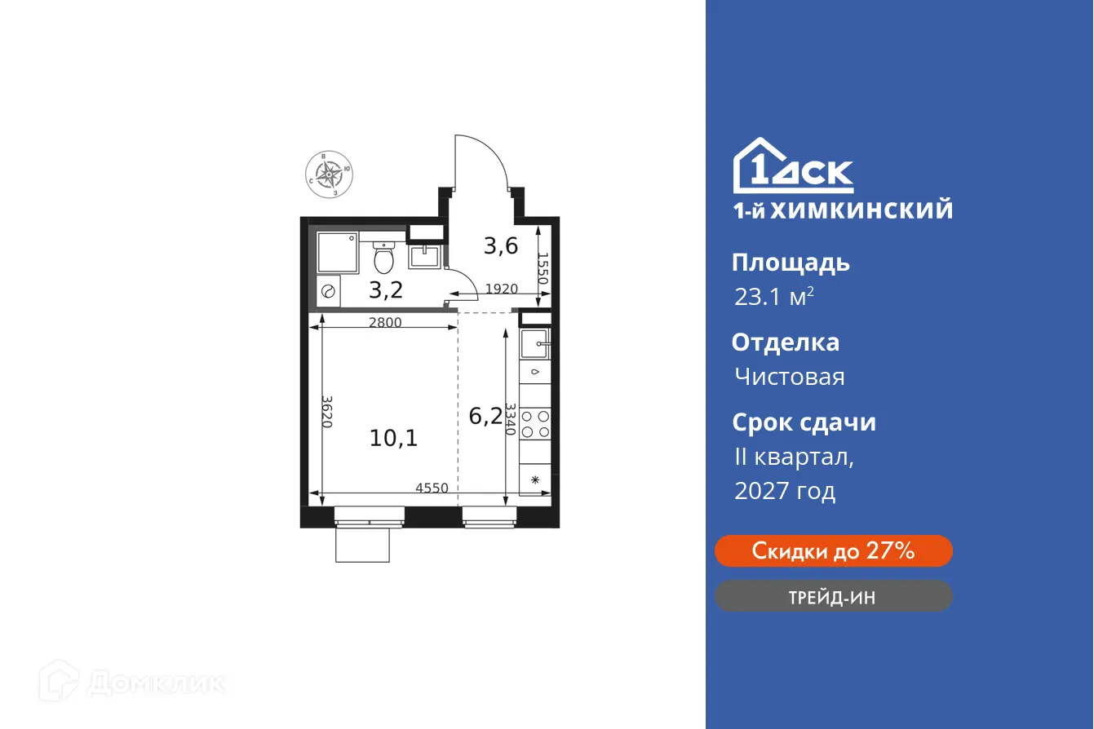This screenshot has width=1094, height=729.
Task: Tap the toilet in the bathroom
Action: tap(383, 258)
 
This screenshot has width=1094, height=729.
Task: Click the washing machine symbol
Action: tap(330, 291)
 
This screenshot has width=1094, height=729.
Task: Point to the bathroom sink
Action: tap(424, 256)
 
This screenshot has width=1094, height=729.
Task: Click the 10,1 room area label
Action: tap(393, 439)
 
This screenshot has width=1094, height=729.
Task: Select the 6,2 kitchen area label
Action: tap(485, 417)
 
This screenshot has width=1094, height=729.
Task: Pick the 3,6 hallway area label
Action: tap(500, 245)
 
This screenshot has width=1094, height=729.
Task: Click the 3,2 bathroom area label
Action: tap(385, 289)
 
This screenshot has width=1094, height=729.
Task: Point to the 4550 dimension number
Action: tap(432, 488)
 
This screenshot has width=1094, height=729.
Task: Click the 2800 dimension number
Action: tap(385, 322)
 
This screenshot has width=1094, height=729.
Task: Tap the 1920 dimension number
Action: tap(502, 289)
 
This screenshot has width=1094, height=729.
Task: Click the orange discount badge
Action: tap(833, 551)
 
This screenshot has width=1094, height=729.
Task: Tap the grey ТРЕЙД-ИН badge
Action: tap(833, 596)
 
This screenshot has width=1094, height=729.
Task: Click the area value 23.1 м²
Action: tap(773, 297)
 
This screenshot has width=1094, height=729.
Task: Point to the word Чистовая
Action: tap(789, 377)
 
